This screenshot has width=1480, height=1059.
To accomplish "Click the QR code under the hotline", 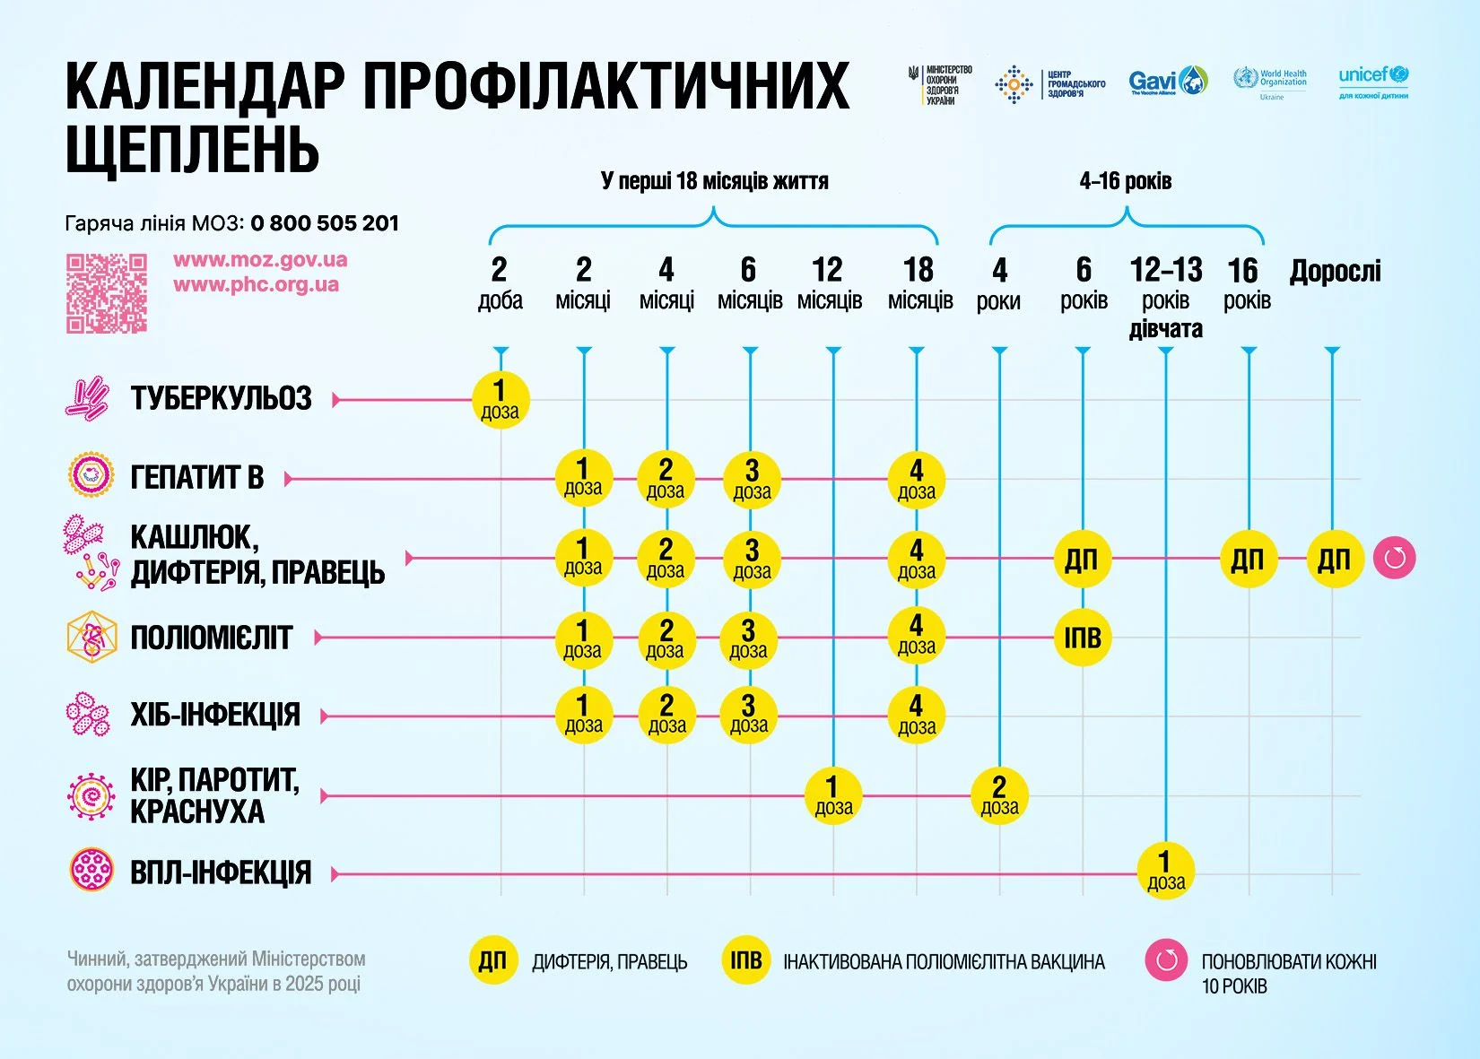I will coord(106,293).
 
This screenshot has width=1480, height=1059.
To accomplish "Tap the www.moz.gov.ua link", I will coord(259,260).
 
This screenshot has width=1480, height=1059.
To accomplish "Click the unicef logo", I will coord(1372,81).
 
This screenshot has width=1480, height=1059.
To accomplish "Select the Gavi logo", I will coord(1168,82).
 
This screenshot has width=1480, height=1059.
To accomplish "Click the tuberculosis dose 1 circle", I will coord(501,399).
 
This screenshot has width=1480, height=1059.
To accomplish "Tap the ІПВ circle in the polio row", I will coord(1083,638).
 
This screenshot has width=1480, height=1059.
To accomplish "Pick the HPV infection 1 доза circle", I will coord(1165,871).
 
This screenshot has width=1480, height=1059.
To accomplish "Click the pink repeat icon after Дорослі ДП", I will coord(1394,558).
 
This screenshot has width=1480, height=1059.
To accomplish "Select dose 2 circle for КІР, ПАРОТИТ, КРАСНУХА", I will coord(999,795).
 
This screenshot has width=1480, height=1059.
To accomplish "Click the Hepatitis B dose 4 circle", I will coord(916,479).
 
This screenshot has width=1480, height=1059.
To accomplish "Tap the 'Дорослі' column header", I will coord(1335,271).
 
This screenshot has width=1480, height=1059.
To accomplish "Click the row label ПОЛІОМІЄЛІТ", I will coord(212,638).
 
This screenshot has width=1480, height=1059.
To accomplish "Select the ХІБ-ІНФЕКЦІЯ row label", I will coord(215,716).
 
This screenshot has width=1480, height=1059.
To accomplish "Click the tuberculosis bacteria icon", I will coord(87,398).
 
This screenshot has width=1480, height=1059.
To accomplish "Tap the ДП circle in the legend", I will coord(492,961).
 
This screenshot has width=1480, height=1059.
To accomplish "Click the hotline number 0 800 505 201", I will coord(325,223).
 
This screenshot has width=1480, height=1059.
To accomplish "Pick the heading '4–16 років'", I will coord(1125,181).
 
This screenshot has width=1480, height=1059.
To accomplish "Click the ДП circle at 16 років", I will coord(1248,559).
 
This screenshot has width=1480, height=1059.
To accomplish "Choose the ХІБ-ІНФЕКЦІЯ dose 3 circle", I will coord(749,715).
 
